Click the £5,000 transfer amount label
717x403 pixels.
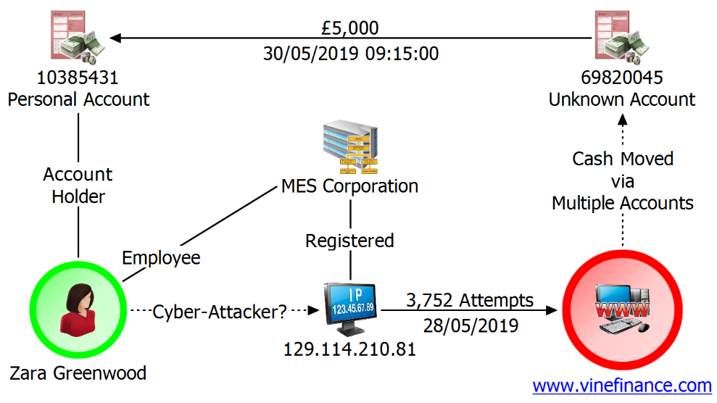[350, 28]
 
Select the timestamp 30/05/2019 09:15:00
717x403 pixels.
[351, 54]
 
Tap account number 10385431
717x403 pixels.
[78, 78]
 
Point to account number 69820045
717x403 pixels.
[622, 78]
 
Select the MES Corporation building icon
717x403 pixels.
[351, 147]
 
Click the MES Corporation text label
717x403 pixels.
[350, 186]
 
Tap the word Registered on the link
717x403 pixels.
[350, 241]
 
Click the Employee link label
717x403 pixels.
[161, 258]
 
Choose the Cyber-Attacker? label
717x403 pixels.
[220, 312]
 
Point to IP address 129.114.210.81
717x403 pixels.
[350, 349]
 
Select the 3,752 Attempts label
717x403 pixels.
[470, 300]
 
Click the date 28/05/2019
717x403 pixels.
[471, 325]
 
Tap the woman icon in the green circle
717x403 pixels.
[78, 309]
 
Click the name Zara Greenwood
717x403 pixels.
[78, 373]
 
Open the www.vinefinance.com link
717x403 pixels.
[622, 386]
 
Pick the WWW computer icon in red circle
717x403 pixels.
[622, 309]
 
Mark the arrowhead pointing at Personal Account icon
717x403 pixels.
[115, 38]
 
